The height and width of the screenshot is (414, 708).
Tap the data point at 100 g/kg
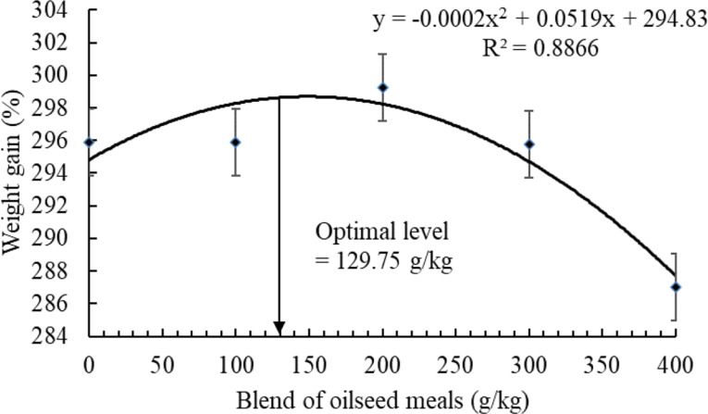[236, 142]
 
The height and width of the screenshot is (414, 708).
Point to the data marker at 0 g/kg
[90, 142]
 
